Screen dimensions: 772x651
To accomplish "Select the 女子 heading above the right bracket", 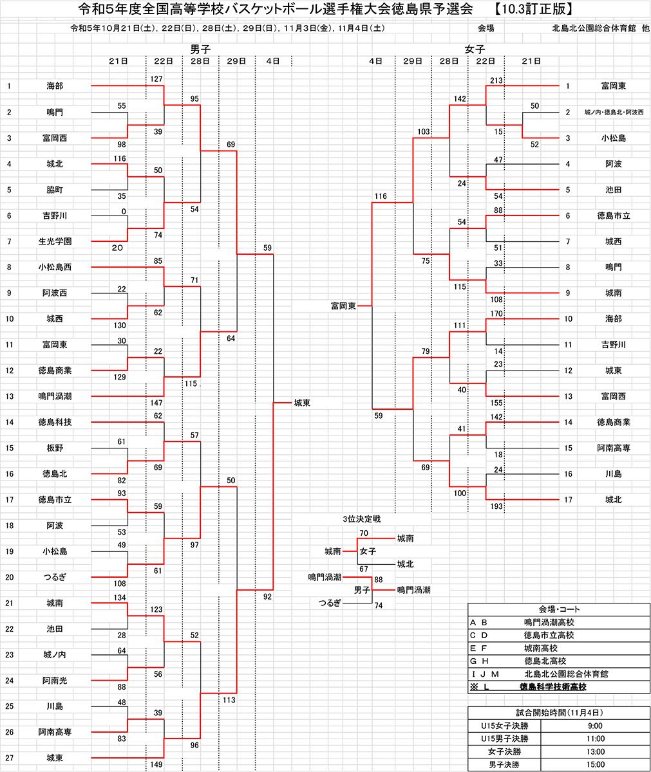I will point(475,49).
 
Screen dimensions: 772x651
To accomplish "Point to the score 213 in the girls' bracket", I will point(495,80).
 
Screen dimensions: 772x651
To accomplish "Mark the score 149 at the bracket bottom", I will point(156,765).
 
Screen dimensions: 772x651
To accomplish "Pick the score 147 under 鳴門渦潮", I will point(156,403).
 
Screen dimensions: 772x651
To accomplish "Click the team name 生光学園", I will point(55,241).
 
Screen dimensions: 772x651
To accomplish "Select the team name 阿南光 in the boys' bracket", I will point(55,680).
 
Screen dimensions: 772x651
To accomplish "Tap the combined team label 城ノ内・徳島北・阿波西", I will point(614,112).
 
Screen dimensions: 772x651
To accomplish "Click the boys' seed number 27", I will point(9,758).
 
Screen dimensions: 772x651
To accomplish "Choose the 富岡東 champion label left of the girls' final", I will point(343,306).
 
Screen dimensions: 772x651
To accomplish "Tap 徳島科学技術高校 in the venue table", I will point(552,686).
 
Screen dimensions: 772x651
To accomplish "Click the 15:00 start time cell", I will point(595,764).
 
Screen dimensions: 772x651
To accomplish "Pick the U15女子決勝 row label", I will point(504,726).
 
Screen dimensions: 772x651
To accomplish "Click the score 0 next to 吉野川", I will point(123,211).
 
